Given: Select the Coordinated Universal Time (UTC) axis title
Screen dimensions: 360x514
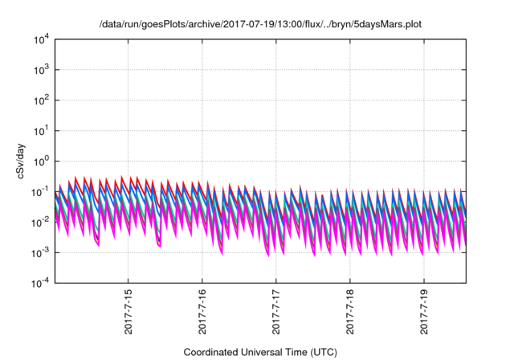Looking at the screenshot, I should [x=259, y=352].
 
